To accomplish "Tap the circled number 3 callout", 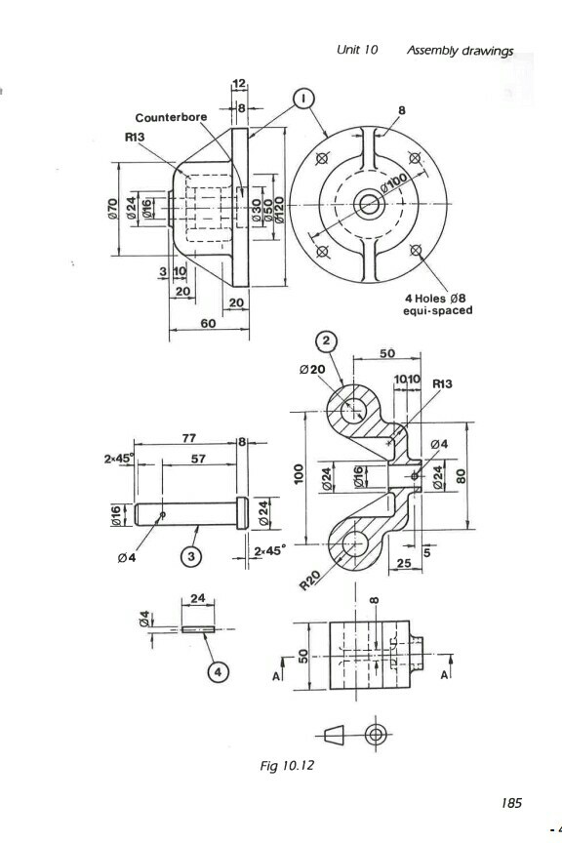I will tap(193, 556).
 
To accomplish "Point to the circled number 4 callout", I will tap(220, 673).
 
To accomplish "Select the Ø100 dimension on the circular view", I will tap(395, 183).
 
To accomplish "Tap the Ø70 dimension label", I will tap(113, 208).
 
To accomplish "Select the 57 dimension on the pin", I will tap(198, 458).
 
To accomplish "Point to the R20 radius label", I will tap(309, 582).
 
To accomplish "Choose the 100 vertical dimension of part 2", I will tap(301, 476).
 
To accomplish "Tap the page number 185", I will tap(511, 803).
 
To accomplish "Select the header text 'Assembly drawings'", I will tap(460, 50).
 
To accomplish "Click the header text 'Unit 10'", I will tap(357, 50).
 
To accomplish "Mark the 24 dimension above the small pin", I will tap(198, 598).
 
